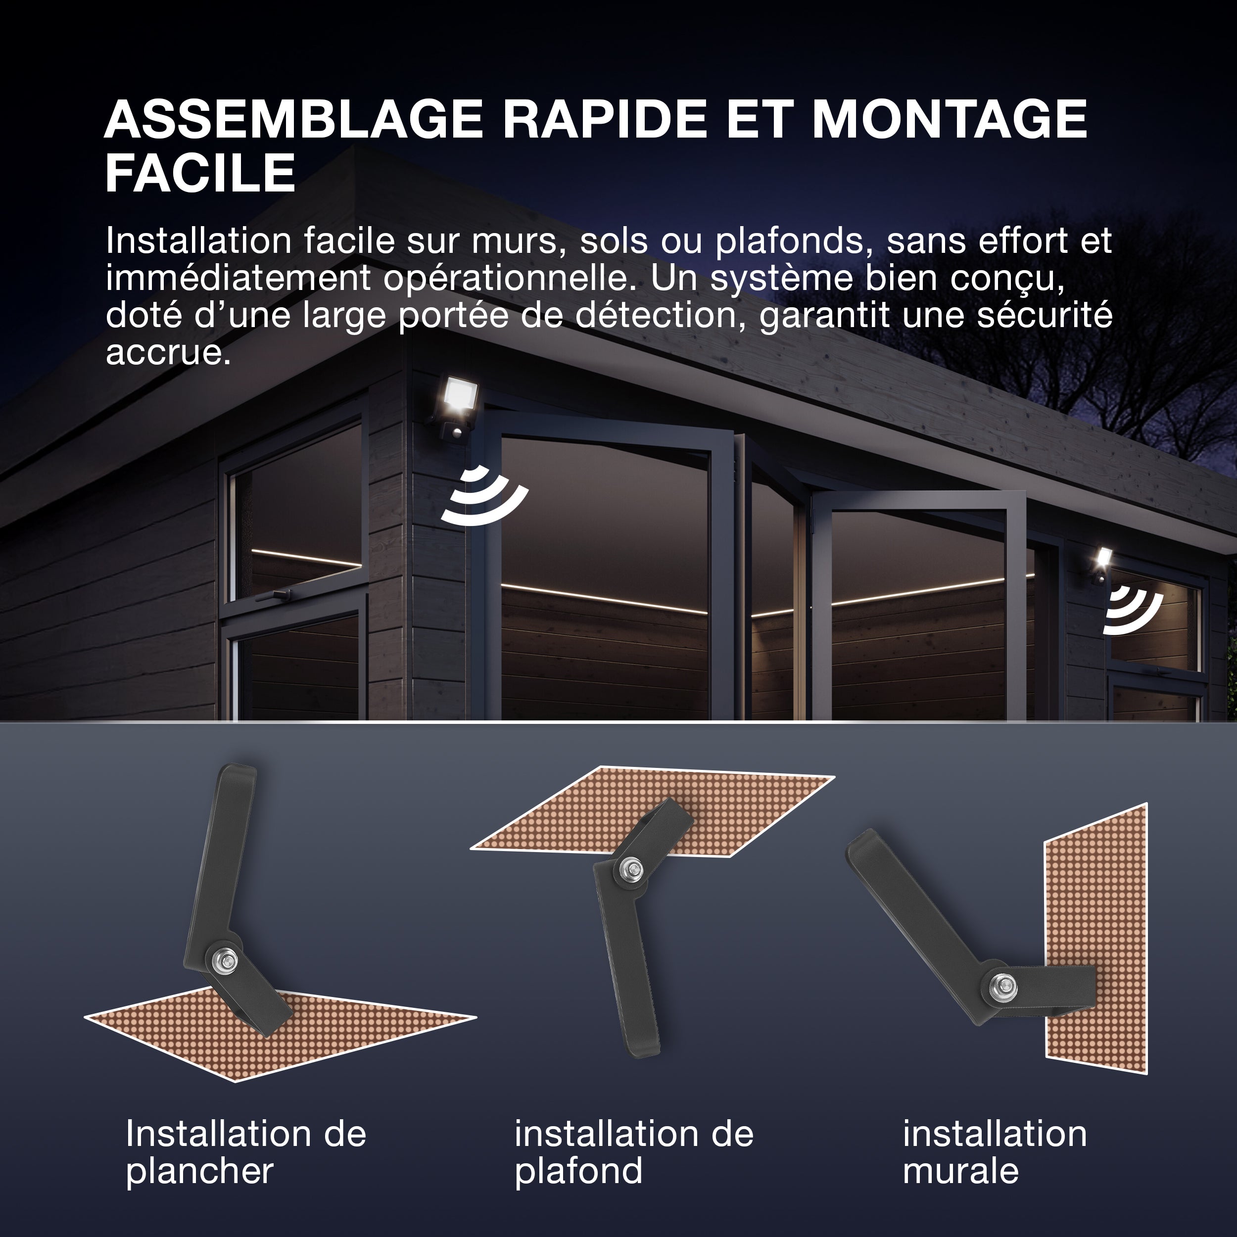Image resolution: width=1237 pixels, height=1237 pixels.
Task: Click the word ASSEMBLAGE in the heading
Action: [294, 119]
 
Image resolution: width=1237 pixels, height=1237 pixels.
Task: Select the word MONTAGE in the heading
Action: [950, 119]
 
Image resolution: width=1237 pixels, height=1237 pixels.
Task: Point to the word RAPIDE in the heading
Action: [605, 119]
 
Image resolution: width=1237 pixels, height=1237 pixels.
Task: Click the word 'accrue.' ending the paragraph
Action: [168, 353]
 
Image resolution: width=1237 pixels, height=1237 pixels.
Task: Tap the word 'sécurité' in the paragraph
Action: [1045, 315]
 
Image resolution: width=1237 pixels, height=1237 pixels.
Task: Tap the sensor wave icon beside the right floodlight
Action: [1133, 614]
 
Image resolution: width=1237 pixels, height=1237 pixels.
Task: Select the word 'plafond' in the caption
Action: [578, 1172]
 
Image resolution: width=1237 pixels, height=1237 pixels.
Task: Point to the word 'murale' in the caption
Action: [960, 1171]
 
